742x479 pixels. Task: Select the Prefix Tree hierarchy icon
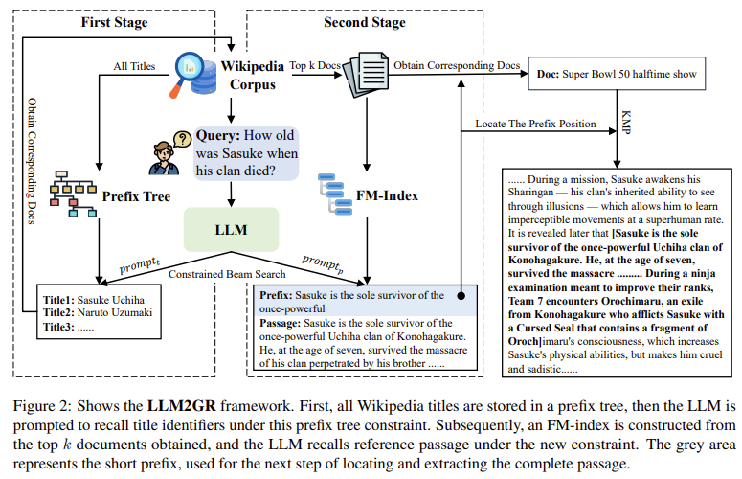[x=69, y=196]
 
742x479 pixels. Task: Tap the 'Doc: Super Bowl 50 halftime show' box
[x=610, y=73]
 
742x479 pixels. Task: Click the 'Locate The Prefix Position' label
[x=529, y=125]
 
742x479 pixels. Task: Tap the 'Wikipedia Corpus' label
[x=252, y=75]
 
